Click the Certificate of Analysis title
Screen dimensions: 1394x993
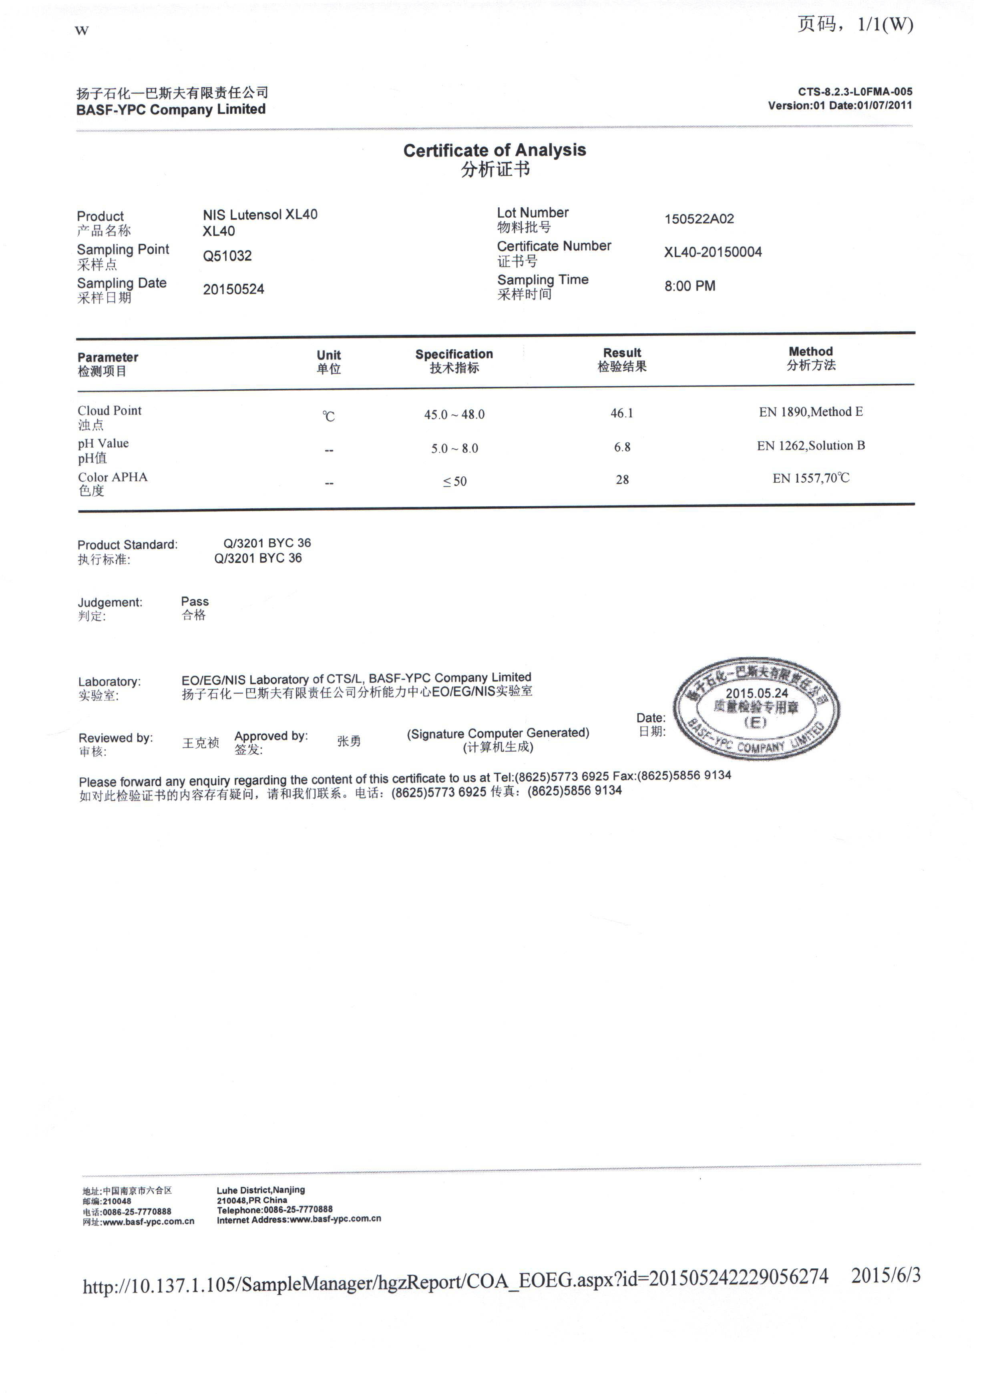click(494, 150)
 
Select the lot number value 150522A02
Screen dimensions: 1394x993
click(699, 219)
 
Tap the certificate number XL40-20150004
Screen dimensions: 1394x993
click(713, 253)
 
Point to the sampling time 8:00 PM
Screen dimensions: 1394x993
click(690, 286)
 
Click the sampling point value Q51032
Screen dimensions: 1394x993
click(227, 256)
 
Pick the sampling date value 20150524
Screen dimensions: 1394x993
click(233, 290)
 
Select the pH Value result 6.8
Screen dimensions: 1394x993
click(622, 447)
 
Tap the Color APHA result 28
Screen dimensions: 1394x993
click(622, 480)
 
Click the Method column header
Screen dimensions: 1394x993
click(811, 352)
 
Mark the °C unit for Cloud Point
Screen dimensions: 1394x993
click(329, 417)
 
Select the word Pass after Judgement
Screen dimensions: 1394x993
click(195, 602)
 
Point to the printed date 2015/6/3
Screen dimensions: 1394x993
click(885, 1276)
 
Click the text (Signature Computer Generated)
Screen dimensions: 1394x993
click(498, 733)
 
